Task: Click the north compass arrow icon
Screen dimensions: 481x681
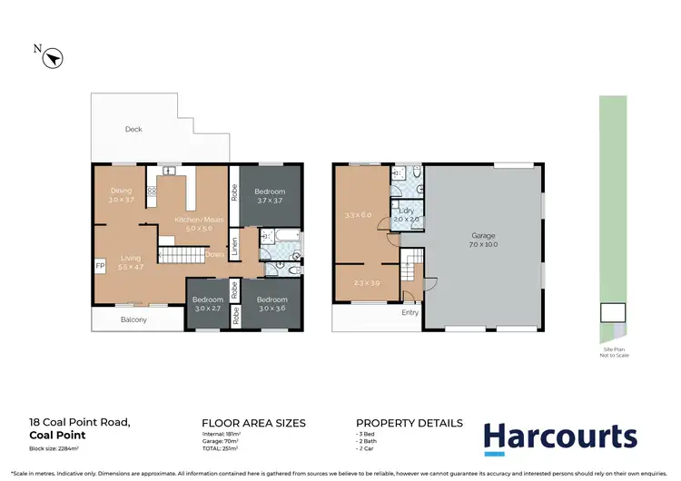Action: click(53, 57)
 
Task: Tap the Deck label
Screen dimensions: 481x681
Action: click(133, 130)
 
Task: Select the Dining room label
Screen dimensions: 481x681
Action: click(121, 194)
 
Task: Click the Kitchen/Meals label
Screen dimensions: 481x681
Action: click(192, 224)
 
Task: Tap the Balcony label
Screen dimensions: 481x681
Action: click(133, 320)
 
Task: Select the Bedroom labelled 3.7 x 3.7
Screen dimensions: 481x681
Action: click(269, 195)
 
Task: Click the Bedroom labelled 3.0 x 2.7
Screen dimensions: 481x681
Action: click(207, 304)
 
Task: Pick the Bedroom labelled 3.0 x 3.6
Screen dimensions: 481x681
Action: click(271, 304)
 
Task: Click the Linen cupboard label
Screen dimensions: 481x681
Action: click(233, 245)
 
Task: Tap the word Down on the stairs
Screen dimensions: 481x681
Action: click(214, 255)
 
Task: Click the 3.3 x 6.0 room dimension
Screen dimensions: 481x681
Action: click(359, 215)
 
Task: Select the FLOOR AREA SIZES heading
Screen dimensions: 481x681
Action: click(253, 423)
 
